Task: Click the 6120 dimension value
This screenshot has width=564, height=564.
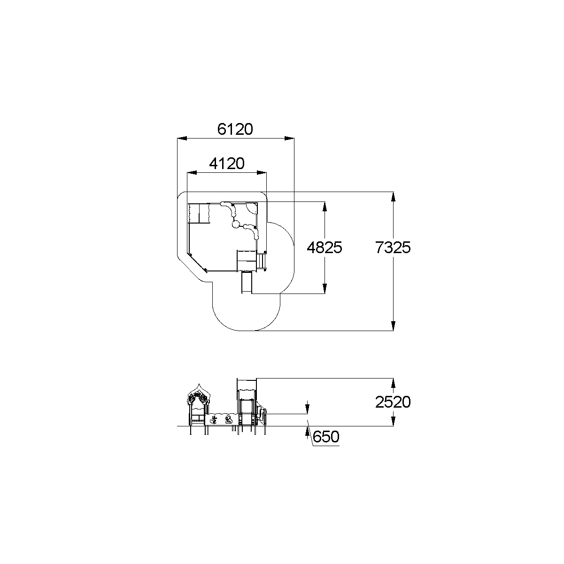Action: (x=235, y=129)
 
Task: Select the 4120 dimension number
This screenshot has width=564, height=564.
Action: (x=227, y=163)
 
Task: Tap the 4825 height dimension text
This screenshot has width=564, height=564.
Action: (x=324, y=247)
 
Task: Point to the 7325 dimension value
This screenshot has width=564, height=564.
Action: (x=393, y=247)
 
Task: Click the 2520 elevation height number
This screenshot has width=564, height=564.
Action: (x=393, y=402)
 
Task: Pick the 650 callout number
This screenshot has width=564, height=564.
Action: (x=326, y=437)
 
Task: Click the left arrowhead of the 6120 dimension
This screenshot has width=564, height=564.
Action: (x=182, y=139)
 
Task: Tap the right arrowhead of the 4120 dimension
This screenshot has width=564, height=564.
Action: (x=262, y=173)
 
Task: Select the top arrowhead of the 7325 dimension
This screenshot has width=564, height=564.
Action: (x=394, y=197)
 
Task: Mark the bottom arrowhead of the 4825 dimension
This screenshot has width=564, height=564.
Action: (x=324, y=289)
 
